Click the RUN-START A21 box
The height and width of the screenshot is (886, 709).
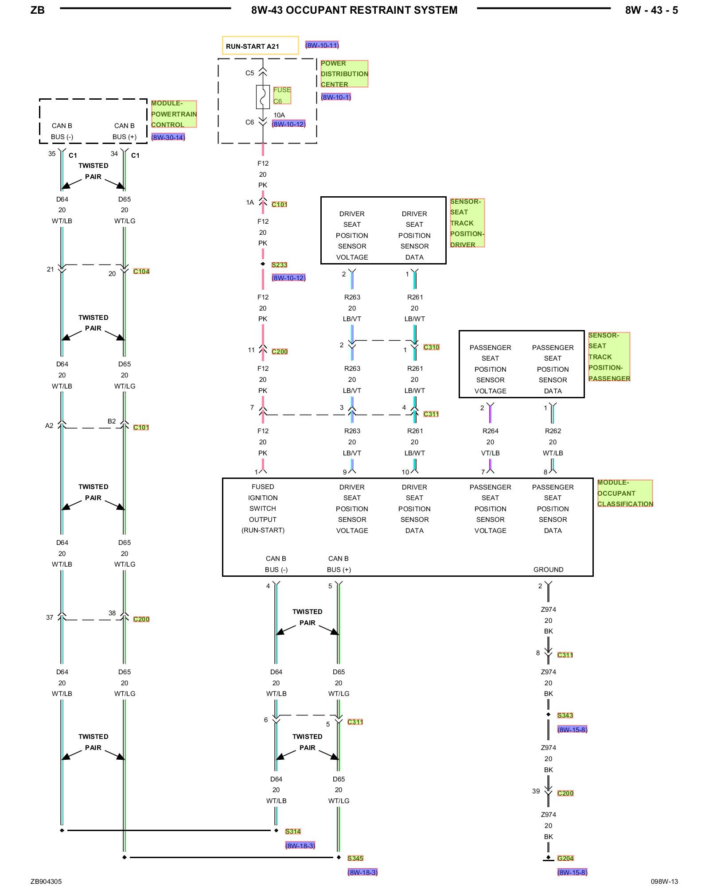(260, 46)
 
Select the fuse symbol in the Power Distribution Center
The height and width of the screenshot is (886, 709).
(263, 97)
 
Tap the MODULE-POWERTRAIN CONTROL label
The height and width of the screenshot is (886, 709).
(174, 114)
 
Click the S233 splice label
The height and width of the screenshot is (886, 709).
(279, 265)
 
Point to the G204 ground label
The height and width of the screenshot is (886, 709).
(565, 858)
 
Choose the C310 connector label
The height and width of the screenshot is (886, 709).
(431, 347)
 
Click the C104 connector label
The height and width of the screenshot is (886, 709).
(141, 271)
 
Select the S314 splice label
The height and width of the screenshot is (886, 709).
(293, 832)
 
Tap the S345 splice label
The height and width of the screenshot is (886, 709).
(355, 858)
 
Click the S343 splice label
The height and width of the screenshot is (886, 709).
(565, 715)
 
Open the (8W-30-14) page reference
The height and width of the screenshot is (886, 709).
(168, 137)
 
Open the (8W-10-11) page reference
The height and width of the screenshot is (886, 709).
(322, 45)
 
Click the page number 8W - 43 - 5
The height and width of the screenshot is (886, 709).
(651, 10)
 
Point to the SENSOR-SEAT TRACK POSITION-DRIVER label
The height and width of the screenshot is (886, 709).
(467, 223)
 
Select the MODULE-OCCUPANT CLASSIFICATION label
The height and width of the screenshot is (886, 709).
(625, 493)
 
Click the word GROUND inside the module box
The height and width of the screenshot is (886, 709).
(548, 570)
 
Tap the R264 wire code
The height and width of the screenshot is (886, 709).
(490, 431)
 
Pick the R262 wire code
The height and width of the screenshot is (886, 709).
(553, 431)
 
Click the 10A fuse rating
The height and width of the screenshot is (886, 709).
(279, 115)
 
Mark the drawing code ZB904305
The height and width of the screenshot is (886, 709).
(46, 882)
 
